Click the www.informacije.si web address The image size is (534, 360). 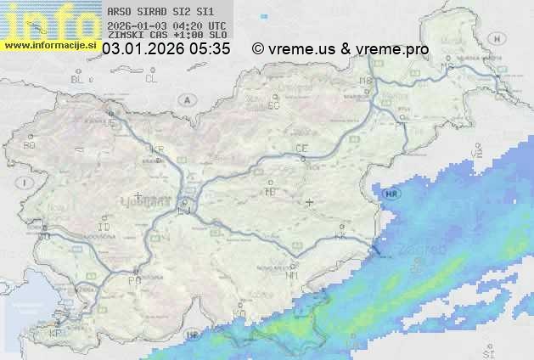coord(50,46)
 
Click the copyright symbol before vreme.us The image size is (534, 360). coord(258,50)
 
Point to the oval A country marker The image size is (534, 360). coord(186,100)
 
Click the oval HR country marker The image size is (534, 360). coord(391,194)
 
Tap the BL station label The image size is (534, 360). coord(79,79)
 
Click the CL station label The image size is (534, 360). coord(152,79)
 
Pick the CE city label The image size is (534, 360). coord(301,149)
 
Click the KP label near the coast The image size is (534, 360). coord(55,335)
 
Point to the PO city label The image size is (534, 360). coord(133,279)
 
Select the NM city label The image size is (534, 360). coord(293,275)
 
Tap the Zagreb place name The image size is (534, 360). coord(427,250)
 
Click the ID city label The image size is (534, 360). coord(104,228)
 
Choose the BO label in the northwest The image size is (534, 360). coord(30,145)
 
